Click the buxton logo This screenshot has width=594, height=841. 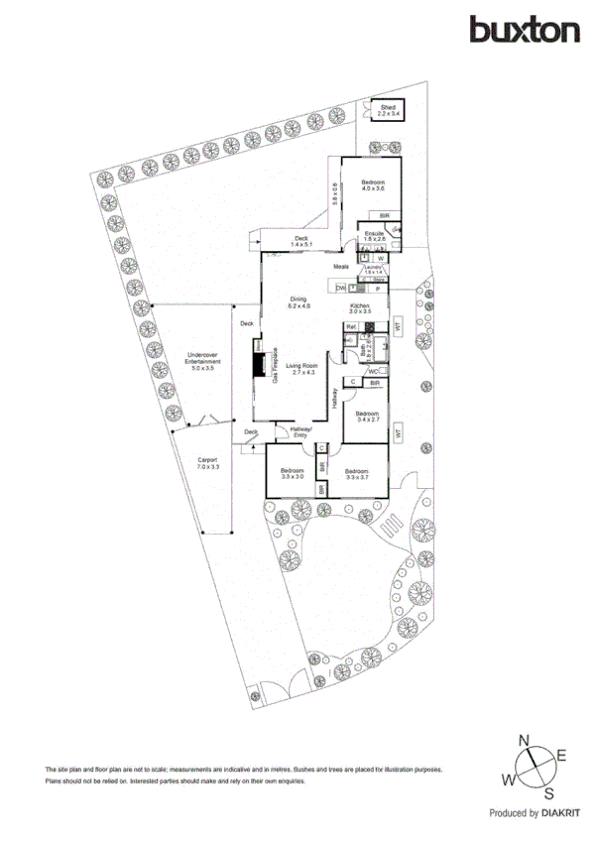click(x=525, y=30)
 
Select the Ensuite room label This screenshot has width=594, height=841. click(x=373, y=236)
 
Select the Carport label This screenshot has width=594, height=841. click(x=206, y=462)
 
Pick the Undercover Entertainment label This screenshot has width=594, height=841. click(x=203, y=361)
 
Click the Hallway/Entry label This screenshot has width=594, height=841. click(x=298, y=432)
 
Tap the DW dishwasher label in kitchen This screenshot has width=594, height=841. click(x=340, y=288)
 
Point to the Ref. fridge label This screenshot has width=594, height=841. click(x=351, y=327)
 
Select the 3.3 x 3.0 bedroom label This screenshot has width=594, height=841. click(x=292, y=473)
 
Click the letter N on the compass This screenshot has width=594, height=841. click(x=527, y=740)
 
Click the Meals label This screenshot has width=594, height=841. click(x=341, y=267)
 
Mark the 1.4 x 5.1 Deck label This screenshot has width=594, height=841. click(x=301, y=241)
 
